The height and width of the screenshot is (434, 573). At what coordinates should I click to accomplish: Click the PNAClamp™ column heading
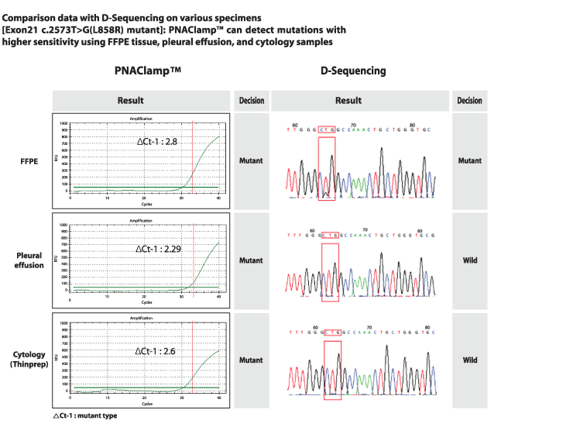tap(147, 71)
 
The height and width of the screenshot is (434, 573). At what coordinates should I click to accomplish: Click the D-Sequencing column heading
tap(353, 71)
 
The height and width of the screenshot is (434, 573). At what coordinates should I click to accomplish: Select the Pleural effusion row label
tap(29, 260)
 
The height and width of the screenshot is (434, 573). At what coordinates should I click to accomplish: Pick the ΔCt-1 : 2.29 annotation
tap(160, 248)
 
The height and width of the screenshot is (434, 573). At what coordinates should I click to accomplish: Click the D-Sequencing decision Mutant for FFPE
tap(469, 161)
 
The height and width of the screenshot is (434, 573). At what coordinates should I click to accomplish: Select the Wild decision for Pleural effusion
tap(469, 260)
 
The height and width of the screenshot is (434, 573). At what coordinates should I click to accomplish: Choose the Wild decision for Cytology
tap(469, 360)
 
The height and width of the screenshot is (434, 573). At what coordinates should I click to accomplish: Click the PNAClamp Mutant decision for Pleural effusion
tap(251, 260)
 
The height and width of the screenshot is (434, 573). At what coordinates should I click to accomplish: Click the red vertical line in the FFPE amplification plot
tap(192, 158)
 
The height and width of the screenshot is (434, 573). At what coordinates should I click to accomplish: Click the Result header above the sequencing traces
tap(348, 101)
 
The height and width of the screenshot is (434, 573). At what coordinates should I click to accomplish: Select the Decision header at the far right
tap(469, 101)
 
